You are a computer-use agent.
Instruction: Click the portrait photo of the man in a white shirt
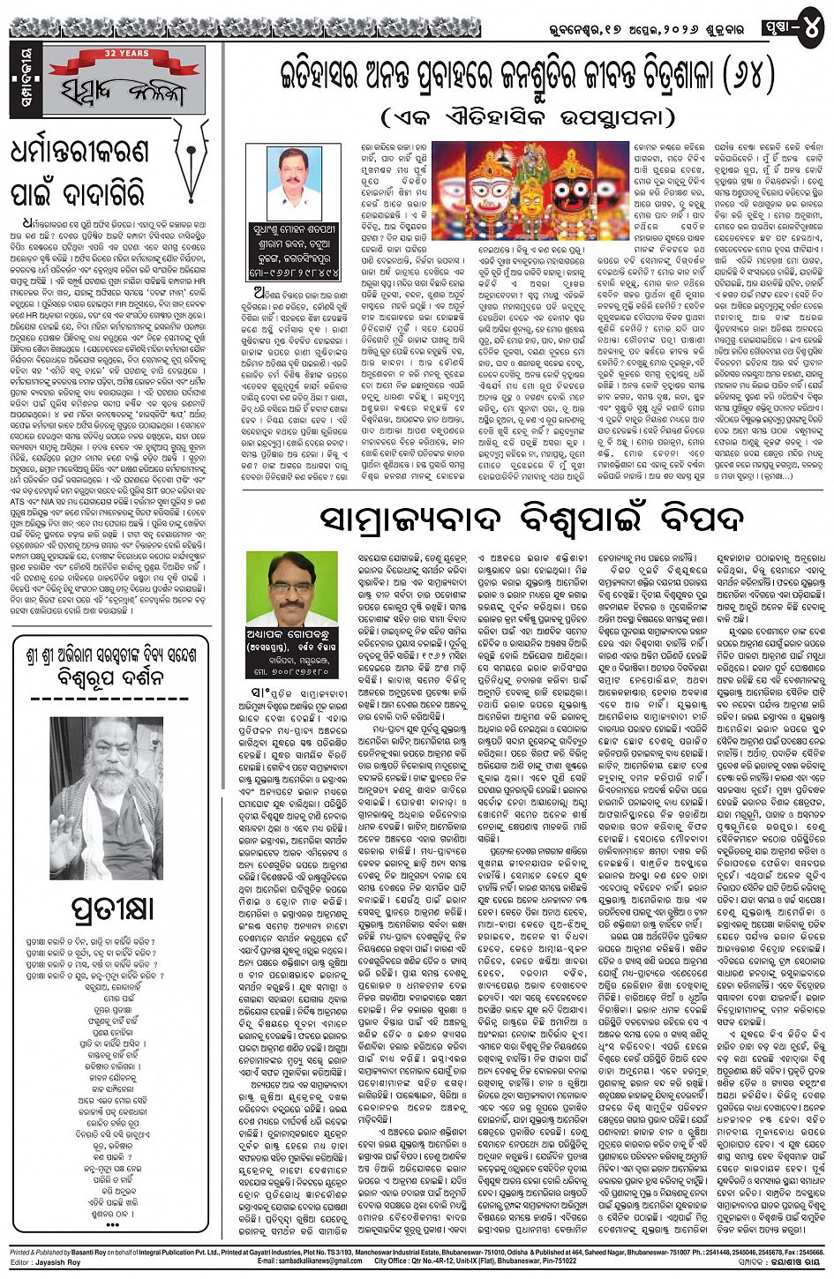pyautogui.click(x=294, y=183)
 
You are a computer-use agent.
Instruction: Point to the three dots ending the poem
pyautogui.click(x=112, y=1224)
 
